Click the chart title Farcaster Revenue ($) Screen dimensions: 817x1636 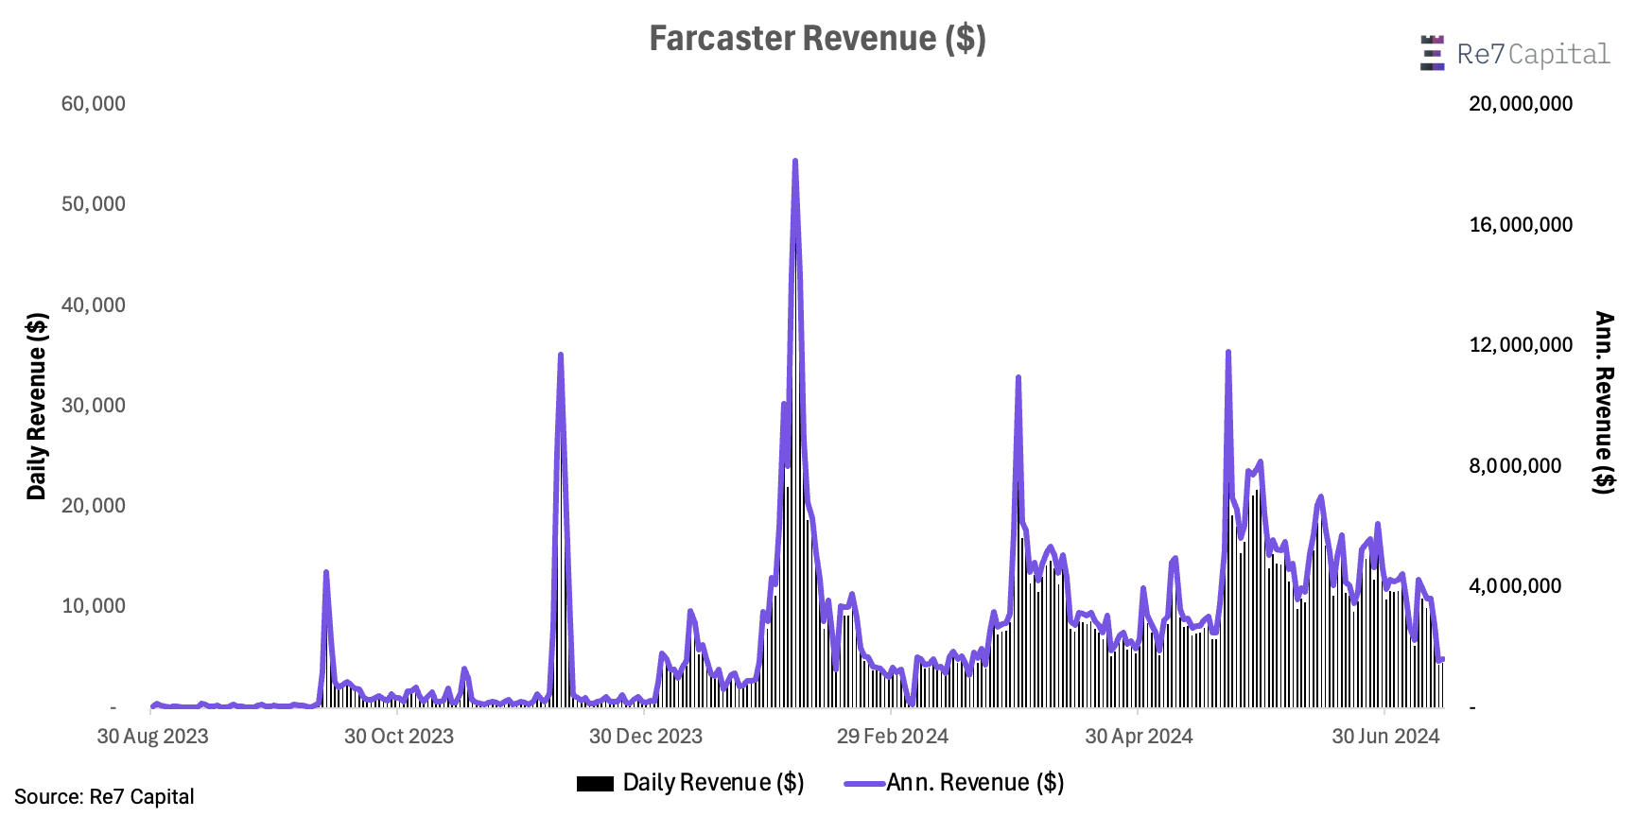click(817, 39)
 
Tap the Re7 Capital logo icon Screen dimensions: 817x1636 click(1432, 53)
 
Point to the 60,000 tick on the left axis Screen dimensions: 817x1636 click(94, 104)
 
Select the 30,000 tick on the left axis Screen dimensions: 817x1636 click(94, 406)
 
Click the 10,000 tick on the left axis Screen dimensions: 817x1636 click(94, 606)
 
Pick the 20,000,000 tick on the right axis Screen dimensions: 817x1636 click(1521, 104)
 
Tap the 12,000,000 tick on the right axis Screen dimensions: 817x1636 click(1521, 345)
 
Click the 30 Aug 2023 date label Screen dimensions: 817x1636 click(152, 737)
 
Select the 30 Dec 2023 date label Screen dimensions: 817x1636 click(646, 737)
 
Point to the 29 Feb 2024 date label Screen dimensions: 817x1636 click(892, 737)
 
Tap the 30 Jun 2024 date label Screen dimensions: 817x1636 click(1385, 737)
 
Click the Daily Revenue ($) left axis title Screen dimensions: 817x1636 click(36, 406)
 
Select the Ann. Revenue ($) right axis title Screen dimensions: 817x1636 click(1604, 402)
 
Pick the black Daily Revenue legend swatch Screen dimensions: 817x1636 click(595, 784)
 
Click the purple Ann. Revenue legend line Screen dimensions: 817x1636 click(864, 784)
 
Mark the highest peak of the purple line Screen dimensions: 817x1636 click(795, 162)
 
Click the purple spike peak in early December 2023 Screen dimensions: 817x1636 click(561, 356)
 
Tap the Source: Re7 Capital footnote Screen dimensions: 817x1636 click(104, 797)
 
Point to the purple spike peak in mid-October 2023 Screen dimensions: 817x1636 click(326, 573)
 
